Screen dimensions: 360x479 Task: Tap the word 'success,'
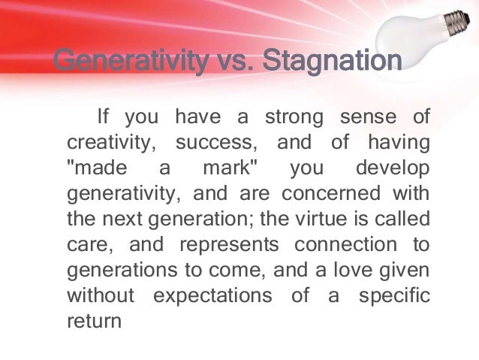(215, 143)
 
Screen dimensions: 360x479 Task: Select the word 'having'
(400, 143)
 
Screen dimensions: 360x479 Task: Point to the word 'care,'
(89, 244)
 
